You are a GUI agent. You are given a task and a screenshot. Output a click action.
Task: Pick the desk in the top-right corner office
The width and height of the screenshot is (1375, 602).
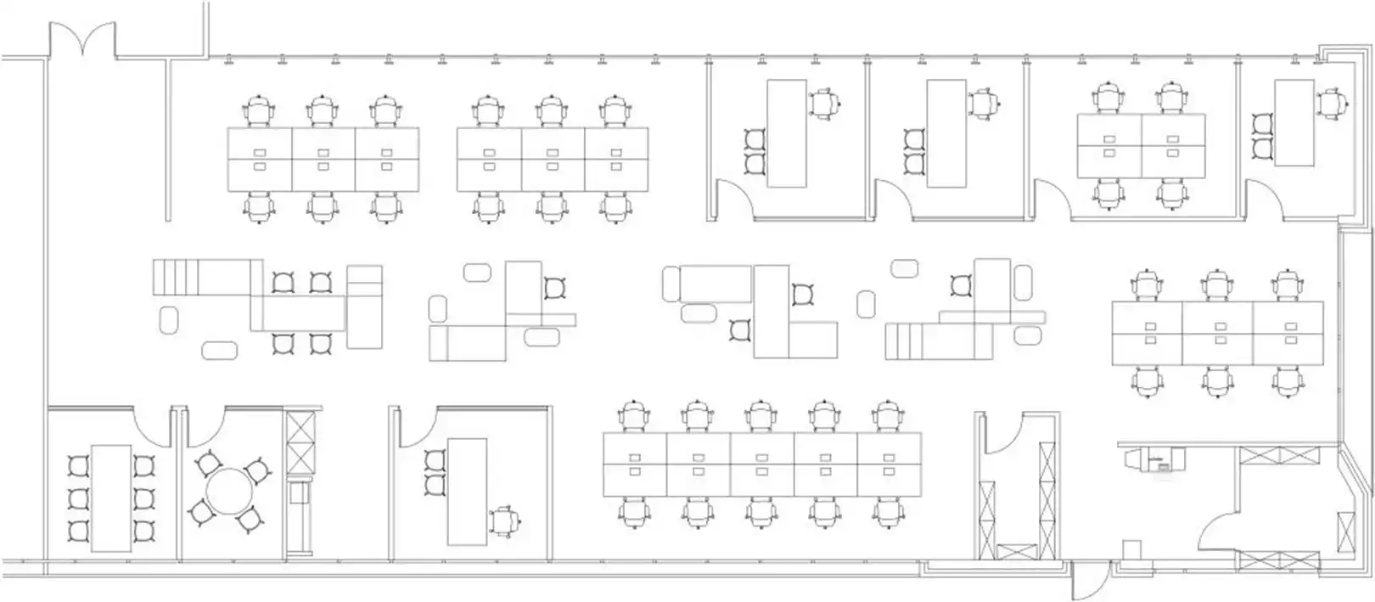pyautogui.click(x=1294, y=122)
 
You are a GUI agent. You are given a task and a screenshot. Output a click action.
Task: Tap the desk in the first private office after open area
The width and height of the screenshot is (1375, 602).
pyautogui.click(x=787, y=132)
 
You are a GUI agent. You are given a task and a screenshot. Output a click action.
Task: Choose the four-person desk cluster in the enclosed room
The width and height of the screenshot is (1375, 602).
pyautogui.click(x=1141, y=145)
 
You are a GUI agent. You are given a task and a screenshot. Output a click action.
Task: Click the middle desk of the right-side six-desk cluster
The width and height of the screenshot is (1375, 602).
pyautogui.click(x=1218, y=333)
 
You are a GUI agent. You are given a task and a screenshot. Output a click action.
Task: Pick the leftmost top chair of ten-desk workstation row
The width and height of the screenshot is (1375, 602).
pyautogui.click(x=635, y=417)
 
